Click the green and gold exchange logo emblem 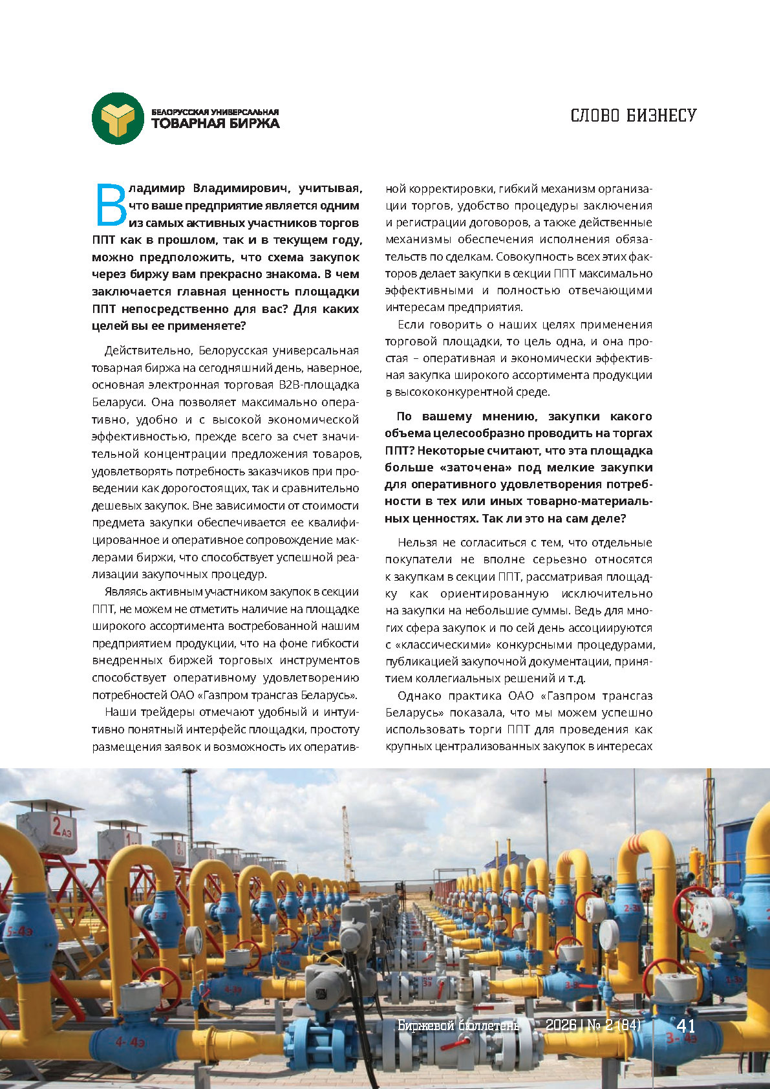click(x=118, y=118)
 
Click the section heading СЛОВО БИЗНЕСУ click(x=633, y=116)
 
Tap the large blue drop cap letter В click(x=110, y=205)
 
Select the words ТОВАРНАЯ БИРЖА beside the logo click(x=215, y=124)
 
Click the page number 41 click(x=685, y=1026)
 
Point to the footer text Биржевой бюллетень click(x=458, y=1026)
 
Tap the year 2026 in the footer click(x=561, y=1026)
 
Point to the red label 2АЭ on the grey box click(x=62, y=826)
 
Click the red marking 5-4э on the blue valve click(x=19, y=931)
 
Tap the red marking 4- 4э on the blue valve click(x=129, y=1042)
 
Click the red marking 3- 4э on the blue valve click(x=681, y=1039)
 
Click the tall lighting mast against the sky click(x=189, y=808)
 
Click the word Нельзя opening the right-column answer click(x=418, y=543)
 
